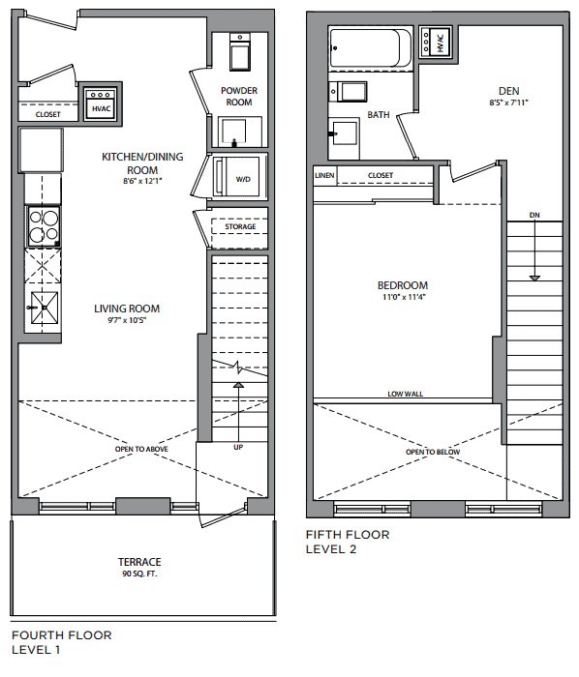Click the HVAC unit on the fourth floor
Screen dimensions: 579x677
(x=101, y=103)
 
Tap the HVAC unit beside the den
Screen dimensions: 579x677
(x=436, y=42)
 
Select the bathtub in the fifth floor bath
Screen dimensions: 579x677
(x=370, y=48)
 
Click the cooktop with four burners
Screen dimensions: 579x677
(x=44, y=226)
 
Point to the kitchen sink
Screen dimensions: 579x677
(x=45, y=307)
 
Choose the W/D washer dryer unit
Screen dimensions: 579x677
(x=237, y=177)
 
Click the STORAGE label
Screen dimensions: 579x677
(x=240, y=226)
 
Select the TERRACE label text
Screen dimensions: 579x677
(x=139, y=562)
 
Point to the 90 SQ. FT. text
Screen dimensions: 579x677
(x=139, y=574)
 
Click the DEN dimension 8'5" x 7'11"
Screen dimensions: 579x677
(x=508, y=103)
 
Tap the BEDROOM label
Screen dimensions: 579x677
(x=403, y=285)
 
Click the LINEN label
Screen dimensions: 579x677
(x=324, y=175)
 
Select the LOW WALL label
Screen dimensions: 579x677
(x=406, y=394)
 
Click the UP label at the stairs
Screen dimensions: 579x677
(x=238, y=447)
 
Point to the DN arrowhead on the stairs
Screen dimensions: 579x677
(x=534, y=279)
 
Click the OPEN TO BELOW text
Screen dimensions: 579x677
(x=433, y=452)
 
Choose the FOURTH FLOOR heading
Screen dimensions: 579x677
(x=62, y=635)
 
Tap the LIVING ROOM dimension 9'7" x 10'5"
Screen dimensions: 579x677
(x=127, y=320)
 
